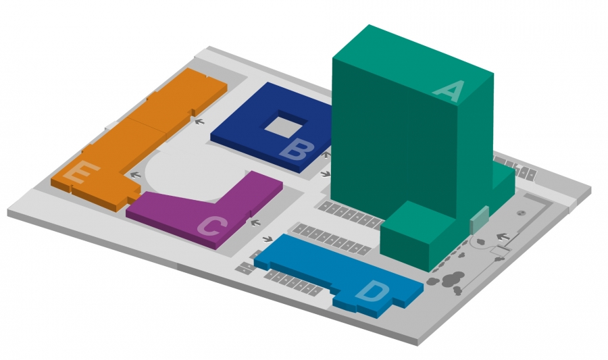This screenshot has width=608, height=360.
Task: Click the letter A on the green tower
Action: [450, 92]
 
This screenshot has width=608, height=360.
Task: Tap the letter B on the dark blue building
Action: [297, 151]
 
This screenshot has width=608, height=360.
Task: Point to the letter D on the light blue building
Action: [373, 291]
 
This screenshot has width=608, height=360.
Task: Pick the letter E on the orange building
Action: [82, 172]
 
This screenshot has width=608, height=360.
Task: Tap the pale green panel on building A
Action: [479, 220]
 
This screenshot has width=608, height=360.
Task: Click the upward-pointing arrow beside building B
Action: [326, 155]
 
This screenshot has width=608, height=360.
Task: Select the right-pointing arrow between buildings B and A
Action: [326, 174]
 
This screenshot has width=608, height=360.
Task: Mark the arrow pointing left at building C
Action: [255, 223]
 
